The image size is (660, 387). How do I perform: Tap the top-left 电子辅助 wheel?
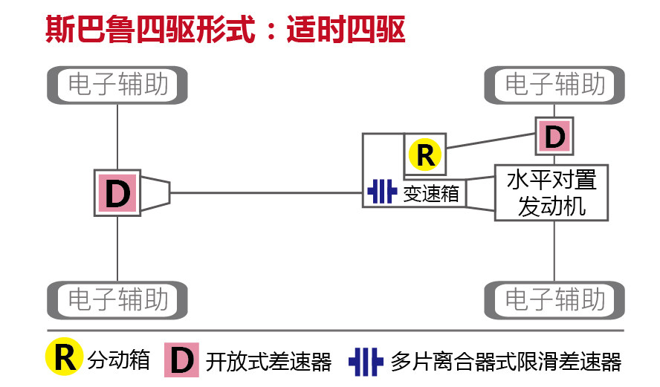[117, 85]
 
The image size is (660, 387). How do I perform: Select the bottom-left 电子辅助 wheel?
[117, 300]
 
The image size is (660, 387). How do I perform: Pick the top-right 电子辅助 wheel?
[554, 85]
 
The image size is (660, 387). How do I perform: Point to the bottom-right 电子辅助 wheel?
[554, 300]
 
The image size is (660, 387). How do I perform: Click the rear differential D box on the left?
[117, 192]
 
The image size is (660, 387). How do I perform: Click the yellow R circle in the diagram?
[425, 155]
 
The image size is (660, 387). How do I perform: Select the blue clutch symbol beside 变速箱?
[382, 192]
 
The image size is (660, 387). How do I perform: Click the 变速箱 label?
[432, 194]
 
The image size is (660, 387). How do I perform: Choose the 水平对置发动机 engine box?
[551, 192]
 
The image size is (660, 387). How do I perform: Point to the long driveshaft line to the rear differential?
[268, 193]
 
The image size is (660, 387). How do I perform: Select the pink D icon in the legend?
[181, 360]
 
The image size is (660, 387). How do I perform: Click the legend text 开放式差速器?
[268, 361]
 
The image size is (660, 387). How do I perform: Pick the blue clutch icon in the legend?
[365, 361]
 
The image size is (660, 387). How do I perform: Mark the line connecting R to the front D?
[491, 140]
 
